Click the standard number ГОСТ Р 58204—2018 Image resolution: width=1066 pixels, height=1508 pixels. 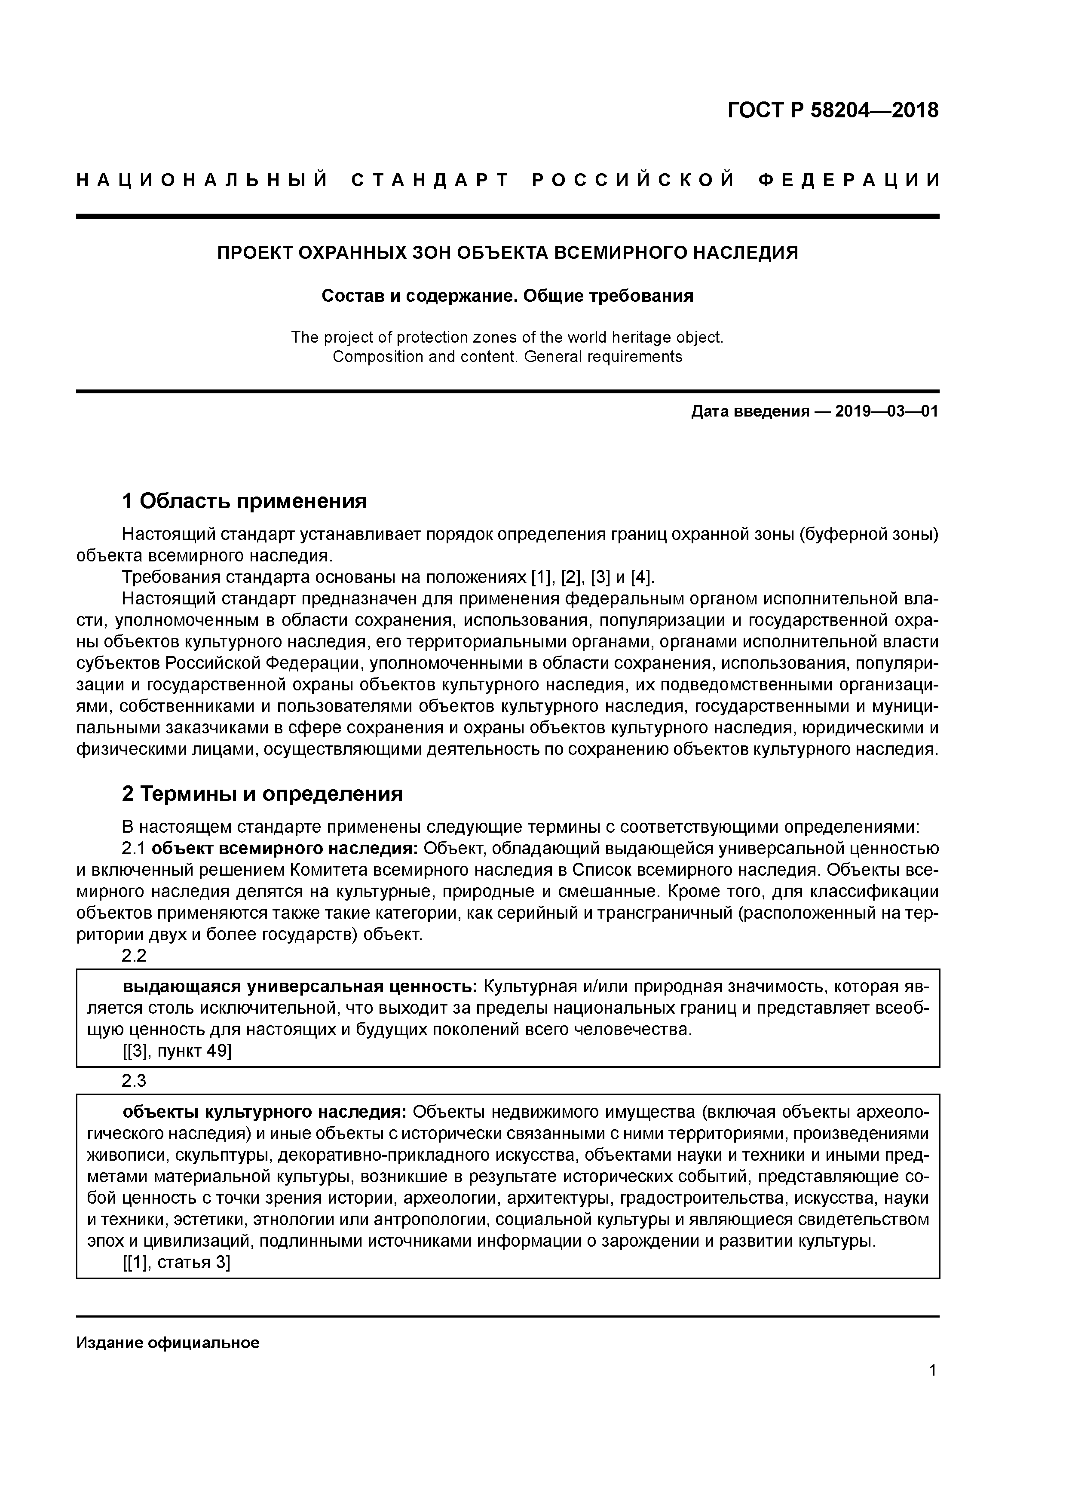833,110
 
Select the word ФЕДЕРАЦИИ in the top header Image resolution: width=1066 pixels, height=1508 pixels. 848,180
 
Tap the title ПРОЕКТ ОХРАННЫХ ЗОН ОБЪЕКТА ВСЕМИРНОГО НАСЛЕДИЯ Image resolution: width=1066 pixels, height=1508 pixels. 508,252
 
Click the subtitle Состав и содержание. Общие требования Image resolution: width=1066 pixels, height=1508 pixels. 508,296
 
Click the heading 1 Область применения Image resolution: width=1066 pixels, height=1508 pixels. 244,502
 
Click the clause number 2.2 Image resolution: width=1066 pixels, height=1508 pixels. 134,956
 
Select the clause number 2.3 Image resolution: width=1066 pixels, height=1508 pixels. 134,1080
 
